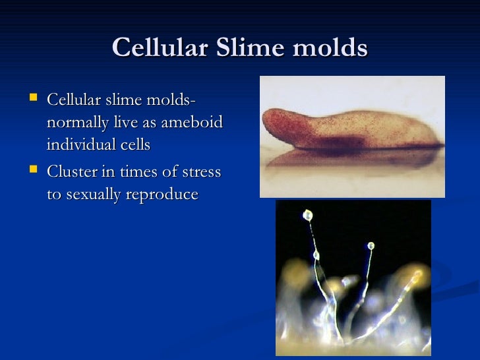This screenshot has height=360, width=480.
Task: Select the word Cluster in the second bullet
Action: pyautogui.click(x=72, y=172)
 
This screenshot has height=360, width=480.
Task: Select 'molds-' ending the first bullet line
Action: pyautogui.click(x=171, y=100)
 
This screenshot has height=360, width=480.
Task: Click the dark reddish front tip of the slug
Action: pyautogui.click(x=274, y=123)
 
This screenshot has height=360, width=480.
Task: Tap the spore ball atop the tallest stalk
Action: pyautogui.click(x=307, y=215)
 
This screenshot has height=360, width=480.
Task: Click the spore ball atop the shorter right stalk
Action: pyautogui.click(x=371, y=246)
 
